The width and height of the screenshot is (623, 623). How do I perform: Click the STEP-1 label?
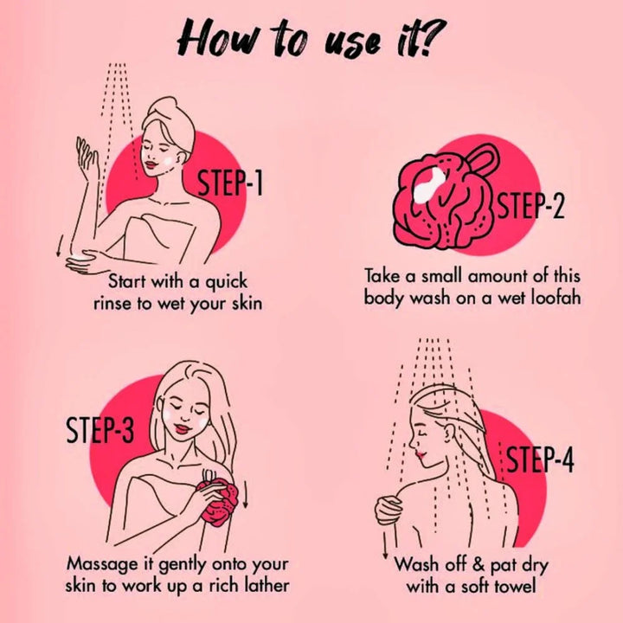coord(230,183)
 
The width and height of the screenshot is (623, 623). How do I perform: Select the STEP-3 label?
coord(100,429)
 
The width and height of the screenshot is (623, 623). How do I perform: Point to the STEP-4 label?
coord(540,459)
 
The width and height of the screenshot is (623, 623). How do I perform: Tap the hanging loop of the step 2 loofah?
coord(482,156)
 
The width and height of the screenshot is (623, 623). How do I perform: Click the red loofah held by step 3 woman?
coord(220,501)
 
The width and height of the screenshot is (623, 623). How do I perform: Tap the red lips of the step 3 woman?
coord(182,429)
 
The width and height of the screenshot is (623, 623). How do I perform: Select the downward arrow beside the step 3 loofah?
coord(245,494)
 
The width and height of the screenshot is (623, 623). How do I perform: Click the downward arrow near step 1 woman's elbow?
coord(60,246)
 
